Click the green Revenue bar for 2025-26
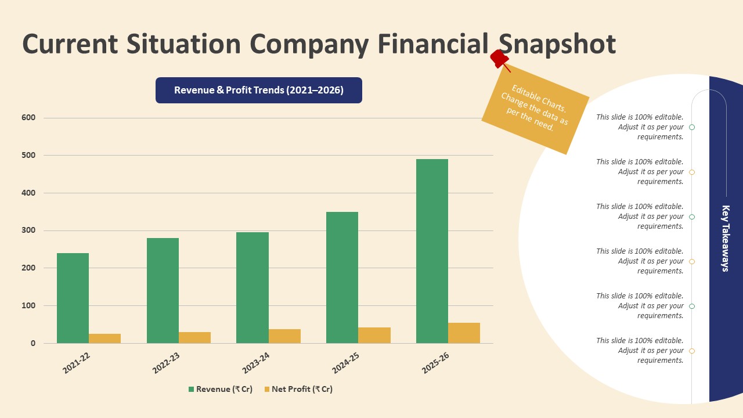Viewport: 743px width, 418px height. click(432, 251)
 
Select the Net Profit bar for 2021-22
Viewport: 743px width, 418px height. click(104, 338)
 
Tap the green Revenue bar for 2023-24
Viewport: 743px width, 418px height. click(253, 287)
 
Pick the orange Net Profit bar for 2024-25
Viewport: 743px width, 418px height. click(374, 336)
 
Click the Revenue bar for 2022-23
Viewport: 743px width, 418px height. click(163, 290)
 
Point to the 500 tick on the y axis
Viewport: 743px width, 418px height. click(28, 156)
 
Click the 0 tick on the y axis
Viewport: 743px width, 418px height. click(33, 343)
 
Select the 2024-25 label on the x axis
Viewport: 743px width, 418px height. click(347, 363)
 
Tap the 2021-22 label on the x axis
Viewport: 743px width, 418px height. click(77, 363)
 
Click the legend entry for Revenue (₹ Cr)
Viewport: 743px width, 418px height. click(221, 390)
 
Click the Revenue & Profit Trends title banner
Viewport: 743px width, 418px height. click(258, 91)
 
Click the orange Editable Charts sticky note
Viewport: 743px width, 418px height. click(535, 110)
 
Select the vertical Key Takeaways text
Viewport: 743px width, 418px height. click(726, 238)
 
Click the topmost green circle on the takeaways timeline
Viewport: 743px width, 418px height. click(692, 127)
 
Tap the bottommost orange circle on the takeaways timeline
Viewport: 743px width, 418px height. click(692, 351)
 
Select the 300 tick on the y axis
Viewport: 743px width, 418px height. click(28, 230)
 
